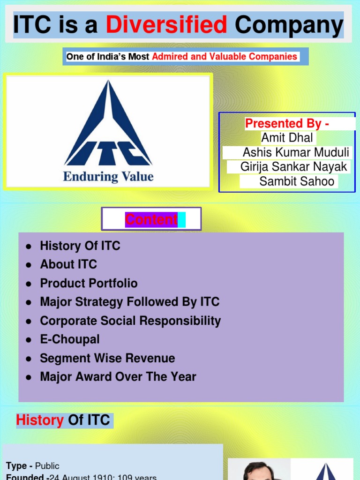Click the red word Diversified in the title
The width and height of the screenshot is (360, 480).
point(166,25)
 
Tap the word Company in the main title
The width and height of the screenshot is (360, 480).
point(289,25)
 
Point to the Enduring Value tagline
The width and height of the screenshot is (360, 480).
point(108,177)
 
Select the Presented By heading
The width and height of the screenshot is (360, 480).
point(287,124)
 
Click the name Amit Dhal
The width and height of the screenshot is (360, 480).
point(287,138)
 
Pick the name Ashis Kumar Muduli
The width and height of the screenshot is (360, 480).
point(296,152)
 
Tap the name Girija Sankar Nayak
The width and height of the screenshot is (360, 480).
point(293,167)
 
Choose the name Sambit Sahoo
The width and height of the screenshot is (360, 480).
point(297,181)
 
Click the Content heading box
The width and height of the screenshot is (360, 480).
point(151,219)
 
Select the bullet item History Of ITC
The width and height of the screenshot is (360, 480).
point(80,246)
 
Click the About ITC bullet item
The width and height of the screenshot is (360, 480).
point(68,264)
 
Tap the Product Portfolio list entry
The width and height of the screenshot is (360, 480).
point(89,283)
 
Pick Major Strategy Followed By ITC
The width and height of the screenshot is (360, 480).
point(130,302)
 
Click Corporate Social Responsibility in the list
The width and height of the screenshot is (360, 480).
point(130,321)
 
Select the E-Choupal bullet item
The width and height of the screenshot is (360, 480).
point(70,339)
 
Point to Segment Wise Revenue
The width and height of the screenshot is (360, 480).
point(107,358)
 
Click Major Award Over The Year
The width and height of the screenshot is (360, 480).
point(118,377)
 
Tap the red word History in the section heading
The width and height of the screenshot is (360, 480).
point(40,420)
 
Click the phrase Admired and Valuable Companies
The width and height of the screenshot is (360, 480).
point(225,57)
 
